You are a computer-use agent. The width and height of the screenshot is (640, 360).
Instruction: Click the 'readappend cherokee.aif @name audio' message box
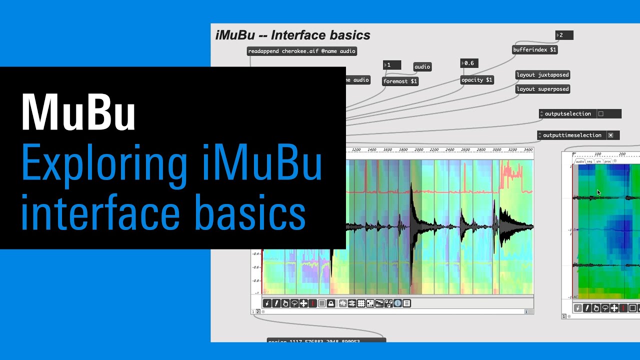pyautogui.click(x=301, y=51)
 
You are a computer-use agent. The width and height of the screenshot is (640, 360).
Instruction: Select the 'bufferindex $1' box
pyautogui.click(x=534, y=50)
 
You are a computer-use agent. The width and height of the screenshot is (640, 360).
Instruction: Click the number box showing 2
pyautogui.click(x=564, y=35)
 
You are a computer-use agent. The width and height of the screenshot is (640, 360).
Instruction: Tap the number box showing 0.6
pyautogui.click(x=469, y=63)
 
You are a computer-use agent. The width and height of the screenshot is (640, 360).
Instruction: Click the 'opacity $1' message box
pyautogui.click(x=476, y=80)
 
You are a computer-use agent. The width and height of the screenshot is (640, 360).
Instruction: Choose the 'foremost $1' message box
pyautogui.click(x=399, y=81)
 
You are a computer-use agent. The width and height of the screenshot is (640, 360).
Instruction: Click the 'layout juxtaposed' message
pyautogui.click(x=542, y=75)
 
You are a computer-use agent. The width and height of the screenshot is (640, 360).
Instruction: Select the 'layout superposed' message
pyautogui.click(x=542, y=89)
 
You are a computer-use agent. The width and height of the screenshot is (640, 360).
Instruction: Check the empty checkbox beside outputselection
pyautogui.click(x=601, y=114)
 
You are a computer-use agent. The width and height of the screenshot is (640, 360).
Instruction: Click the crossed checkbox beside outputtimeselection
pyautogui.click(x=610, y=135)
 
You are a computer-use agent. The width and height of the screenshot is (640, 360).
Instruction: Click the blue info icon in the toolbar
pyautogui.click(x=397, y=303)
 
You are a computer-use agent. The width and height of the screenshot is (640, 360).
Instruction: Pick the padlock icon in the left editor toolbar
pyautogui.click(x=331, y=303)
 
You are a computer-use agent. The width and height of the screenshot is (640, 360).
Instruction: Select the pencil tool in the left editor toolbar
pyautogui.click(x=276, y=303)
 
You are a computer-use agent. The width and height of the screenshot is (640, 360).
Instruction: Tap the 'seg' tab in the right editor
pyautogui.click(x=589, y=161)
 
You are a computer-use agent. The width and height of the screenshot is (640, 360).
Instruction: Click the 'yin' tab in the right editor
pyautogui.click(x=598, y=161)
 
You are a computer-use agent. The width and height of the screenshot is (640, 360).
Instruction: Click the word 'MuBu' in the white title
pyautogui.click(x=78, y=112)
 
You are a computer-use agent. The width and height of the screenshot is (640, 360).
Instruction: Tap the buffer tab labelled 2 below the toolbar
pyautogui.click(x=258, y=311)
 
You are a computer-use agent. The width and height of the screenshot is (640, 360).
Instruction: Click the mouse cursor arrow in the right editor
pyautogui.click(x=598, y=192)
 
